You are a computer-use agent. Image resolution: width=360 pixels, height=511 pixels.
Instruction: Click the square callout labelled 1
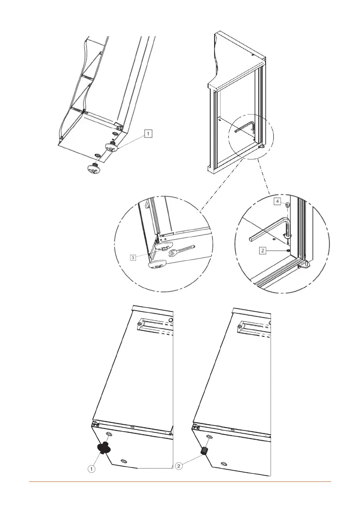(147, 134)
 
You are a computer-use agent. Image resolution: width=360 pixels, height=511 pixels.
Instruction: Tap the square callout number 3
(133, 257)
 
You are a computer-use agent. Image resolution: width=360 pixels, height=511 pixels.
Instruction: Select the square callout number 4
(278, 201)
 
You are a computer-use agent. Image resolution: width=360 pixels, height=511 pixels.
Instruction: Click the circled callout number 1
(92, 469)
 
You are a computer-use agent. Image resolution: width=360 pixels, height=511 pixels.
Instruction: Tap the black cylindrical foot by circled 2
(205, 451)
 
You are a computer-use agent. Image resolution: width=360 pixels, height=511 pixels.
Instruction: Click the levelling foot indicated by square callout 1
(112, 146)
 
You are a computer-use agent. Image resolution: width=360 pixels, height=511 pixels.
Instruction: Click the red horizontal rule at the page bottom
(180, 482)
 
